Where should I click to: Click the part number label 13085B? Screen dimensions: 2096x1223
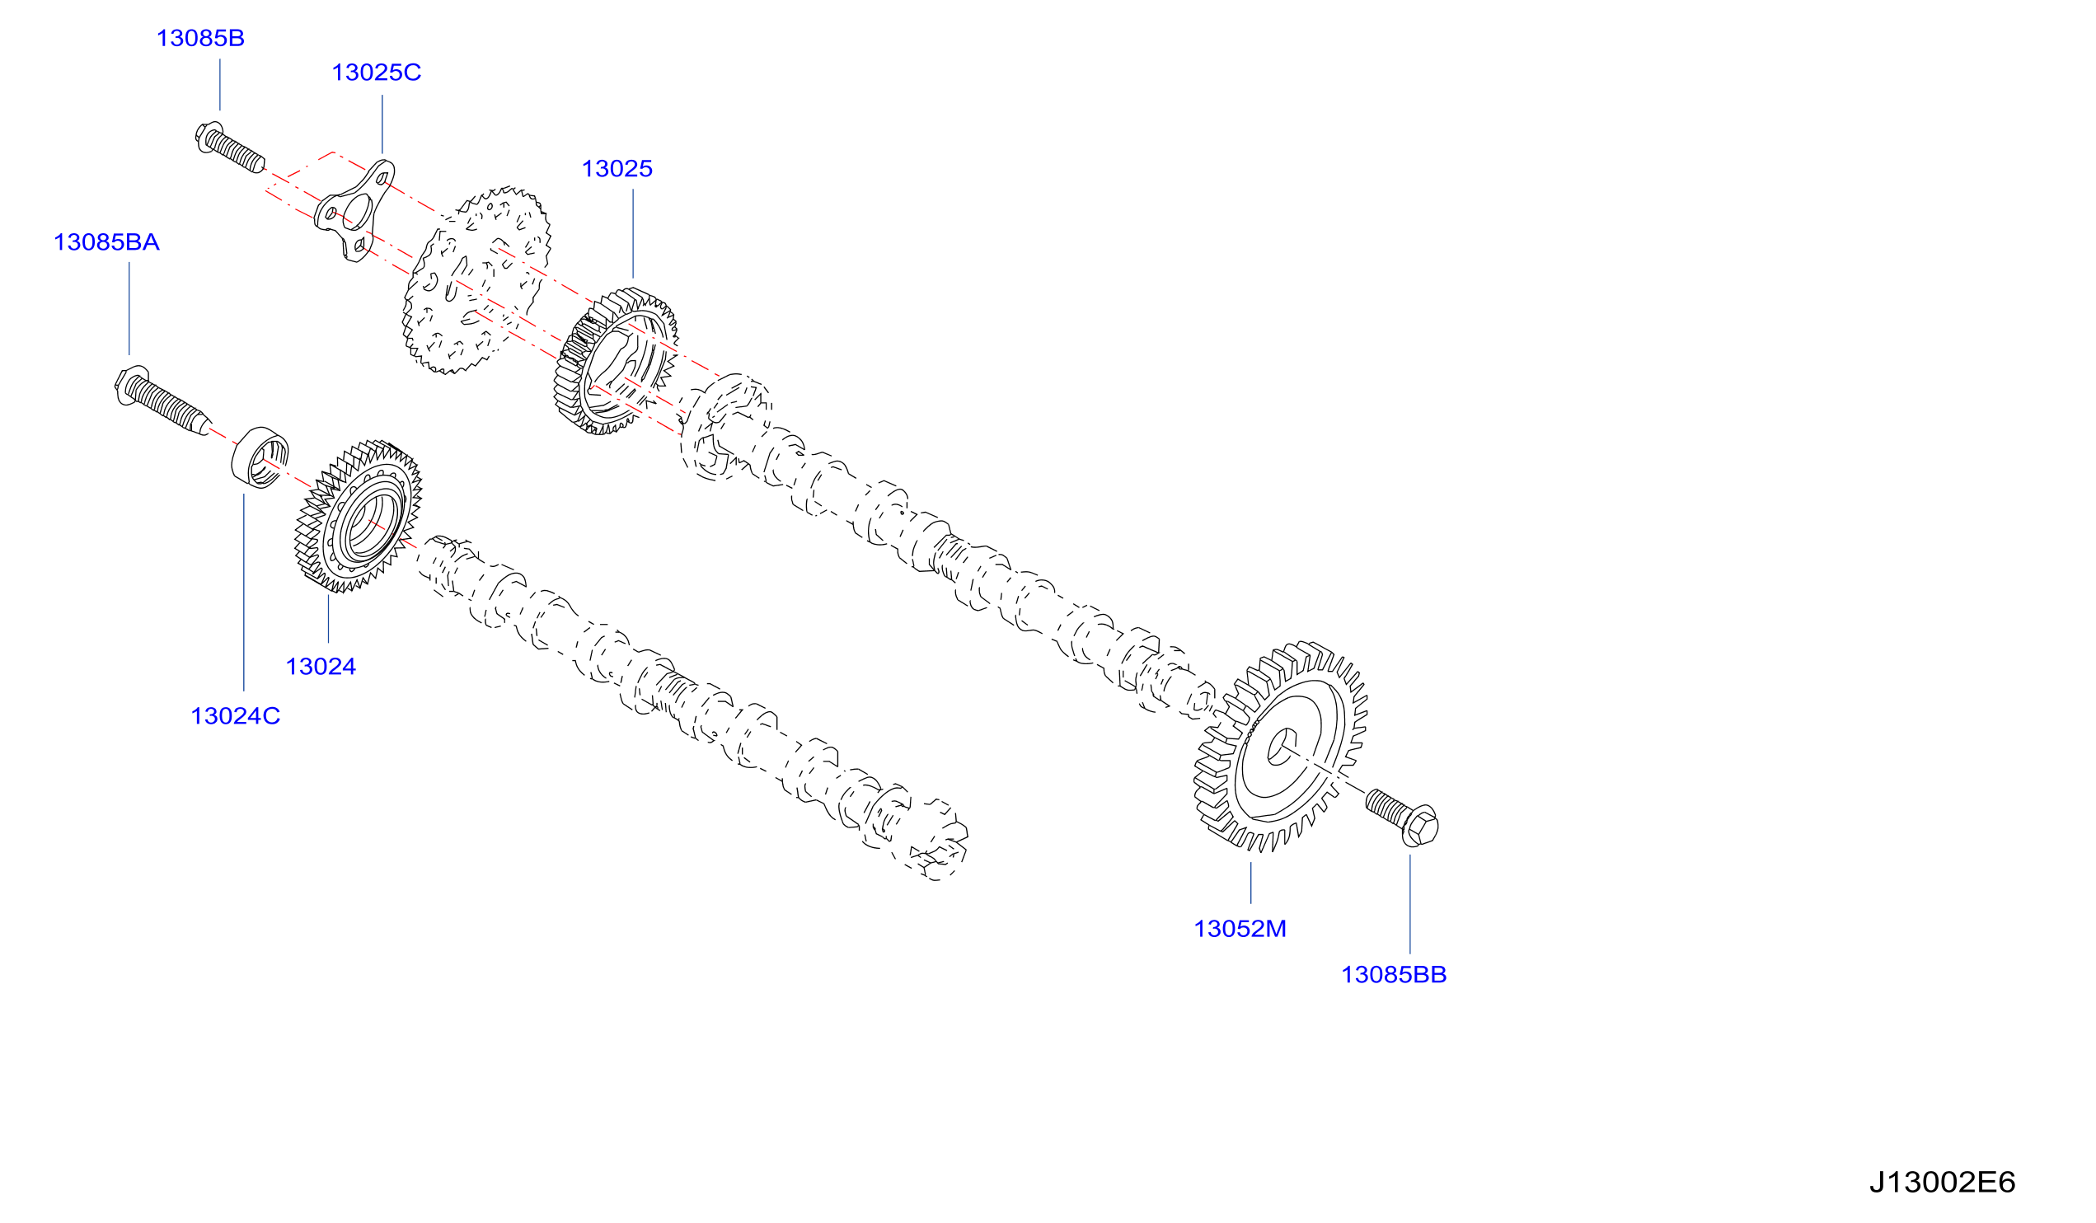(x=200, y=38)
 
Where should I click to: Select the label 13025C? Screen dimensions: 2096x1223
(x=376, y=73)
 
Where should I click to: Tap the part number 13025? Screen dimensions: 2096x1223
(x=617, y=169)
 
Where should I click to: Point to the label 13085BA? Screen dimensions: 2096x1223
(x=106, y=242)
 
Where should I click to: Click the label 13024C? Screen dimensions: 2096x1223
(x=236, y=716)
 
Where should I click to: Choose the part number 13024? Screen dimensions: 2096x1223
(x=321, y=666)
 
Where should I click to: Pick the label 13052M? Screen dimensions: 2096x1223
(x=1240, y=929)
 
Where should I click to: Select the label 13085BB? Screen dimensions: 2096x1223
(x=1394, y=974)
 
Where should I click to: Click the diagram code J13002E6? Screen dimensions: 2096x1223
(x=1942, y=1182)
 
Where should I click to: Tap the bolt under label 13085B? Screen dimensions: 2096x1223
(x=230, y=148)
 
